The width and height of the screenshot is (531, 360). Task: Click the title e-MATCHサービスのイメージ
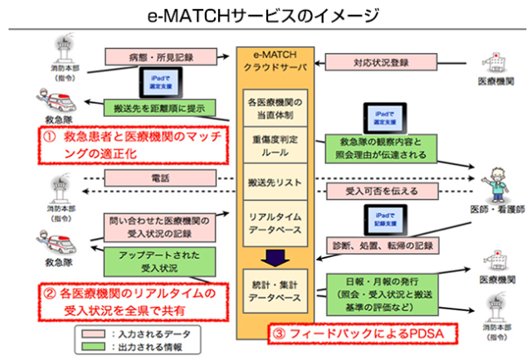coord(265,15)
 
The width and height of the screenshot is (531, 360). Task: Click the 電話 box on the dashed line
coord(158,178)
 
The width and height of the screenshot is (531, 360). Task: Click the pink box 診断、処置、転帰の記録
coord(384,246)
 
